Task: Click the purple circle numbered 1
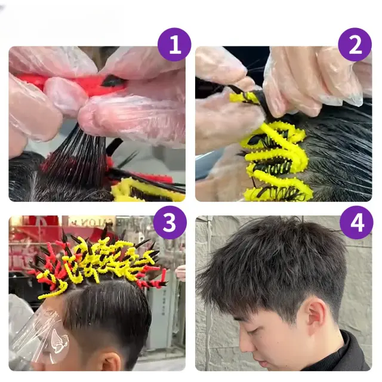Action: pyautogui.click(x=174, y=45)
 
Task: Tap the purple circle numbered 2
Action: pyautogui.click(x=355, y=45)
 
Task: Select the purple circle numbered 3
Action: pyautogui.click(x=170, y=223)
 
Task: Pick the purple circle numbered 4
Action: pyautogui.click(x=356, y=223)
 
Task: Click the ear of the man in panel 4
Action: pyautogui.click(x=315, y=315)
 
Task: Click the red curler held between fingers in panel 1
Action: pyautogui.click(x=73, y=83)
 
